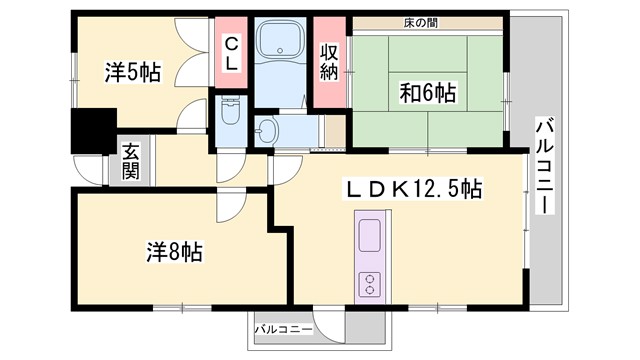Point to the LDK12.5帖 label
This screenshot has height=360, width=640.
click(413, 188)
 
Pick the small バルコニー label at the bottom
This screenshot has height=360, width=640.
click(283, 328)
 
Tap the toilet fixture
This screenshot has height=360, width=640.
click(230, 110)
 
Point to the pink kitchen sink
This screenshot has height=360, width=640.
click(369, 238)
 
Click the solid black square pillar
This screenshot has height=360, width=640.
click(92, 132)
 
